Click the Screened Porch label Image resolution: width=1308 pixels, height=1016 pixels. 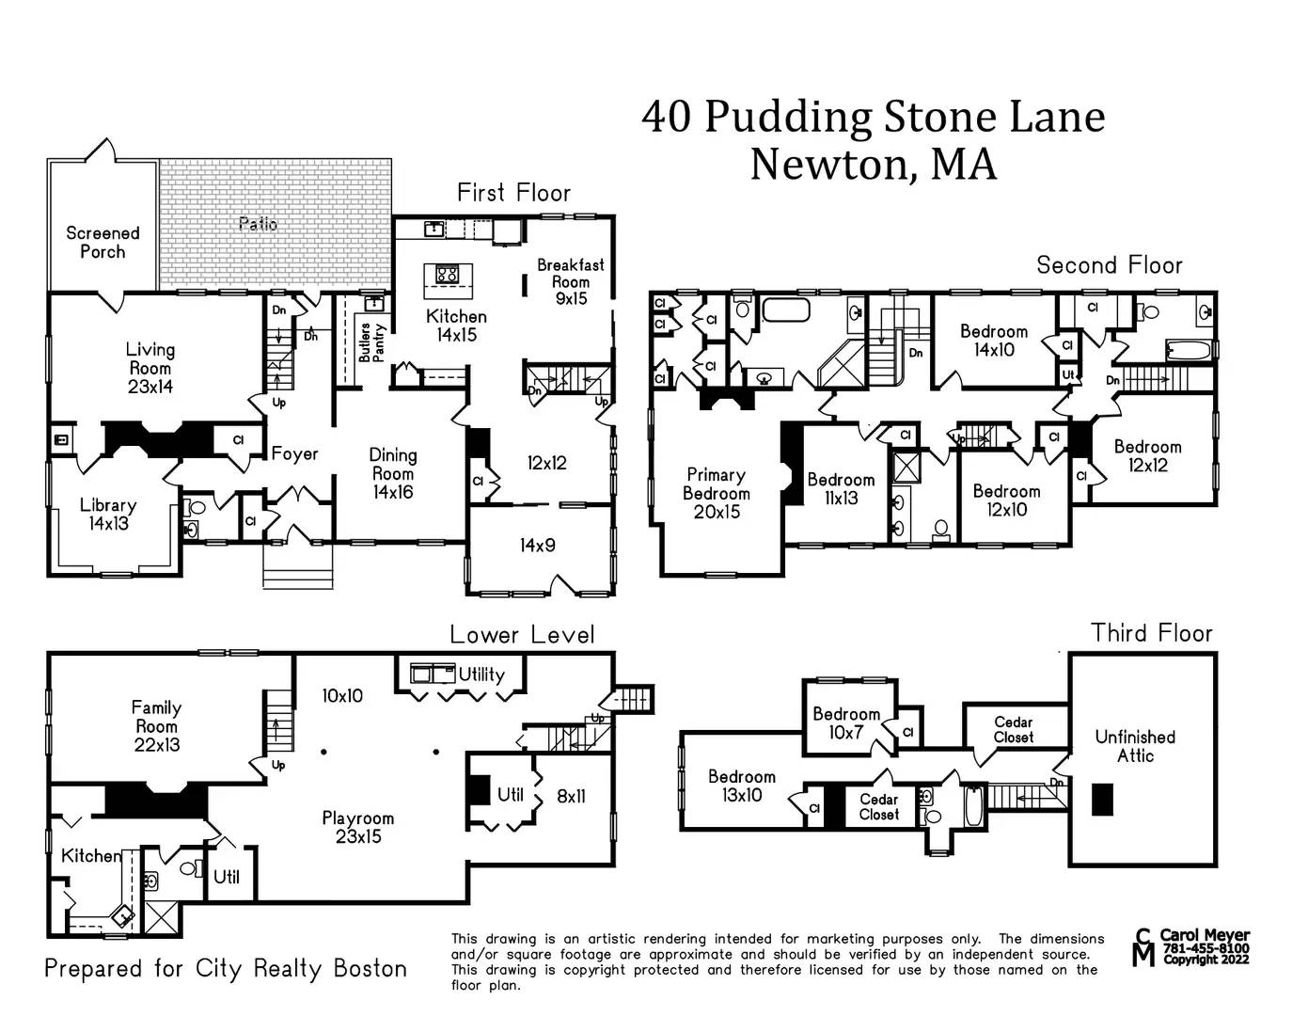pyautogui.click(x=102, y=242)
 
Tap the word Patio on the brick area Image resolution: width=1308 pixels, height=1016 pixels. pyautogui.click(x=258, y=224)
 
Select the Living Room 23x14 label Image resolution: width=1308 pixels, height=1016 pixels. pyautogui.click(x=150, y=368)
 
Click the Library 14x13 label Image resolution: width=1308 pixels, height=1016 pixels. pyautogui.click(x=108, y=514)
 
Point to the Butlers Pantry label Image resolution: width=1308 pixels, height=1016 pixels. pyautogui.click(x=372, y=342)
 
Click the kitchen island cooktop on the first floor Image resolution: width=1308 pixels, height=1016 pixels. pyautogui.click(x=447, y=275)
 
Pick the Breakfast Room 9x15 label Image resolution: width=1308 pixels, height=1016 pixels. pyautogui.click(x=570, y=281)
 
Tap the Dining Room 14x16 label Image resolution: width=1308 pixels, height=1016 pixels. pyautogui.click(x=392, y=473)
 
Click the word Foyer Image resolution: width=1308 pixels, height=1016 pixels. pyautogui.click(x=294, y=453)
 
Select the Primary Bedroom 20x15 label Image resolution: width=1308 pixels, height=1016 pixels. pyautogui.click(x=716, y=493)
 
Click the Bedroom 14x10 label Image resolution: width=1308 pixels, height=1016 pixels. pyautogui.click(x=994, y=340)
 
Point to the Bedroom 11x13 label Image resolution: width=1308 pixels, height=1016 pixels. pyautogui.click(x=841, y=488)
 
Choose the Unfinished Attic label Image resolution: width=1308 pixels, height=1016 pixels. pyautogui.click(x=1135, y=746)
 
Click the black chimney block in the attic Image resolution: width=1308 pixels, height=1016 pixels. pyautogui.click(x=1102, y=800)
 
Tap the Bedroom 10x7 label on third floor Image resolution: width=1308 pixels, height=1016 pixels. pyautogui.click(x=846, y=722)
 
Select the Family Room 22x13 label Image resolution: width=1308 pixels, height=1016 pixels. pyautogui.click(x=156, y=725)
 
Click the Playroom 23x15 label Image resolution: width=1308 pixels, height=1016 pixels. pyautogui.click(x=357, y=827)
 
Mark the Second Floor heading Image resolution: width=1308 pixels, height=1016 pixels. pyautogui.click(x=1109, y=265)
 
